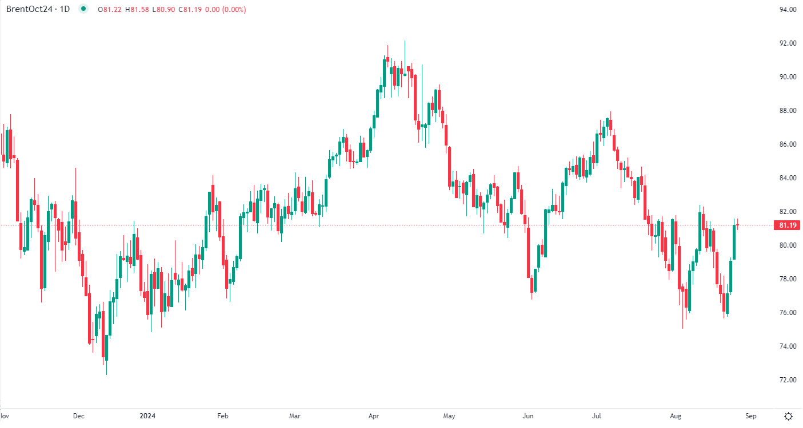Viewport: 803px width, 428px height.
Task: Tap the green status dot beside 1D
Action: click(84, 9)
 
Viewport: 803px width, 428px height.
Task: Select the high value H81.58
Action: click(141, 9)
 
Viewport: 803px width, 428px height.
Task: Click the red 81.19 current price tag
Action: click(788, 225)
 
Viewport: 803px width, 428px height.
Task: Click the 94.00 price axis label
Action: click(788, 10)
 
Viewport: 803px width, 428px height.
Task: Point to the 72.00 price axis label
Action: click(788, 380)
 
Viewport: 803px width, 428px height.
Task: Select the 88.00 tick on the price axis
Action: click(788, 111)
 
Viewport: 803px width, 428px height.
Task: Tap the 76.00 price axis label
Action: click(788, 313)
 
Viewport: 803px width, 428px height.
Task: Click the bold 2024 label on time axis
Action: click(147, 416)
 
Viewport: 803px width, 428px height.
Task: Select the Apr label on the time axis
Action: click(374, 416)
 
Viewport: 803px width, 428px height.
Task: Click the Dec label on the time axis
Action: click(79, 416)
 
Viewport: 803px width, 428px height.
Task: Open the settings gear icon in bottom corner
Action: click(789, 416)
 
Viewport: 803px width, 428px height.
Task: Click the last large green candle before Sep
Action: click(734, 242)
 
